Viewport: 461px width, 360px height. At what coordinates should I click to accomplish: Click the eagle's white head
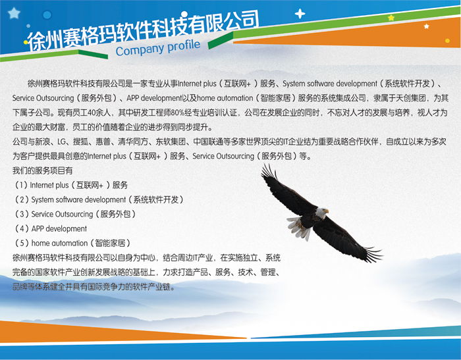[321, 212]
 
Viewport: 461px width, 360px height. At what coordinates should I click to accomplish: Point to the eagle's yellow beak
[327, 211]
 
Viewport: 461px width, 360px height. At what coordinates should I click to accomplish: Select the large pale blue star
[14, 13]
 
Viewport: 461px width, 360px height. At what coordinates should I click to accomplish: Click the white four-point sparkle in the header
[300, 13]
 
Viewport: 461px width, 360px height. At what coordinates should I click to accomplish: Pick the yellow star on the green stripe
[391, 18]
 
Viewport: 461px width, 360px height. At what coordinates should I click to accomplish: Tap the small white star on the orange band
[426, 26]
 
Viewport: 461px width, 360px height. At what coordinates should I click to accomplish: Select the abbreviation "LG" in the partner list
[61, 142]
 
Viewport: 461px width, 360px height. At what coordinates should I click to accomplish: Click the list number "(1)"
[21, 185]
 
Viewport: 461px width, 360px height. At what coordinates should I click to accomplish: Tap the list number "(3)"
[22, 214]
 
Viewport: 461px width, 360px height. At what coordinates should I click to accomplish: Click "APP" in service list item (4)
[38, 228]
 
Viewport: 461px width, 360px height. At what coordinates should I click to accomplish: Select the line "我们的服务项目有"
[42, 170]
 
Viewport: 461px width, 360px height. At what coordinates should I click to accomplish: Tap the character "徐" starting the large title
[36, 41]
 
